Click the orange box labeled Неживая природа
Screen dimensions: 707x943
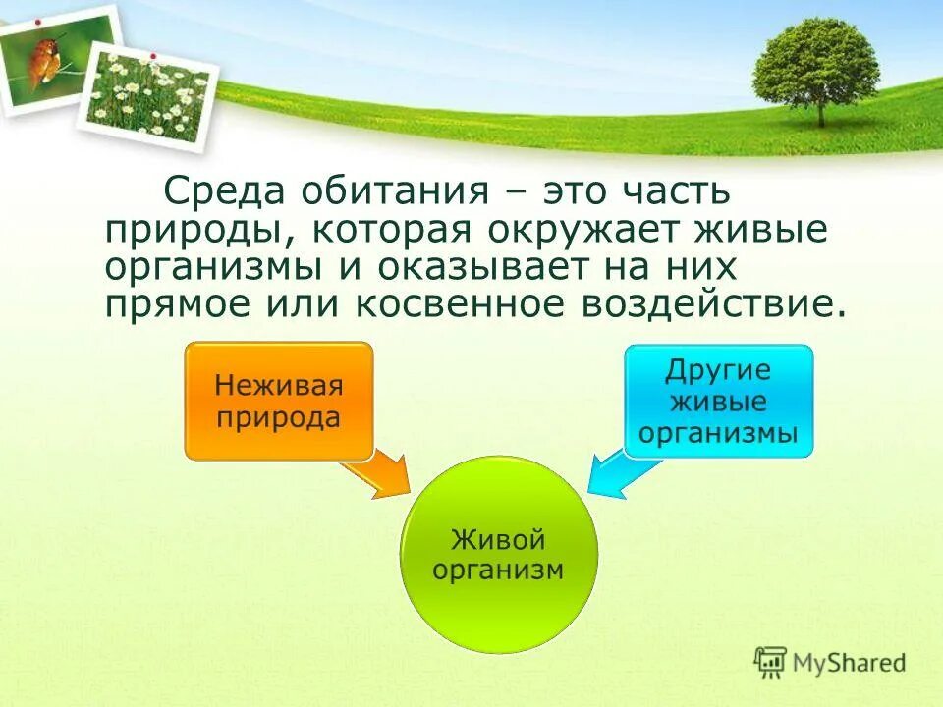pos(279,401)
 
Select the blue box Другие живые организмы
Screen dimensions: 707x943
pos(718,401)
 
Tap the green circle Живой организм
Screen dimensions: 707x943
pos(498,554)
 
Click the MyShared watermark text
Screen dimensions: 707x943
pos(850,663)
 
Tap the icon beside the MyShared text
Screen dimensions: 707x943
pos(771,662)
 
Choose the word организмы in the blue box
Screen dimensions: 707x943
pos(718,433)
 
